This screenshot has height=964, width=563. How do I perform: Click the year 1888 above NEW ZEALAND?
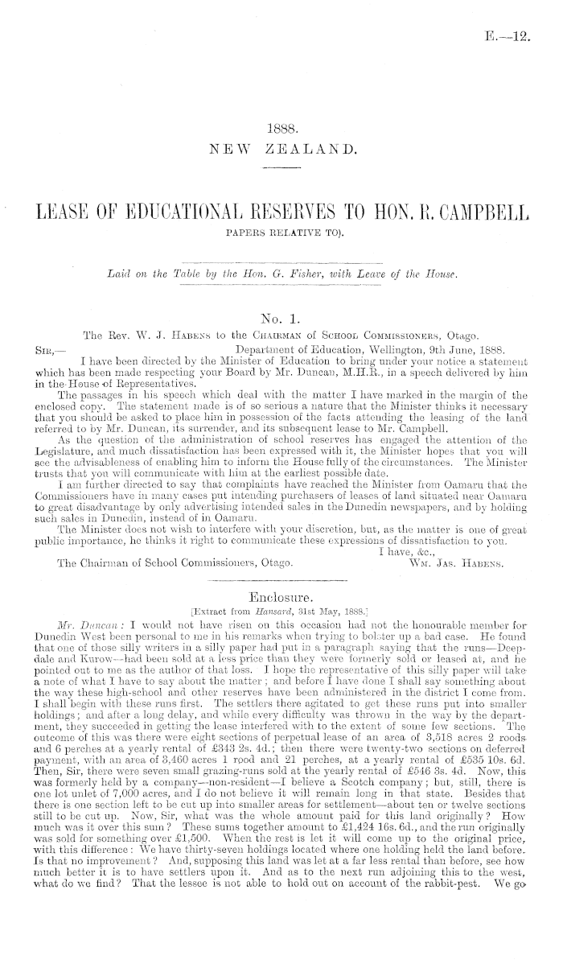(x=281, y=127)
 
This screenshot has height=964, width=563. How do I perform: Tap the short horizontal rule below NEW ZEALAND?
(x=281, y=167)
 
